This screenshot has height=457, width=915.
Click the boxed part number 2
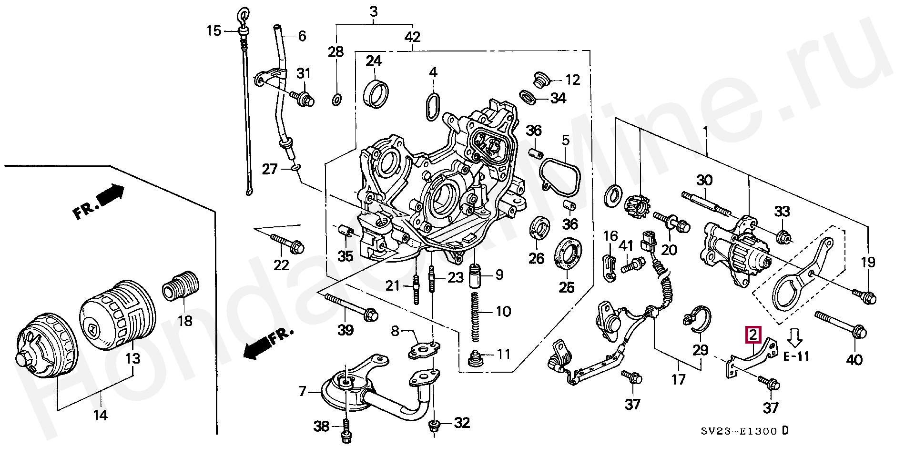(x=753, y=335)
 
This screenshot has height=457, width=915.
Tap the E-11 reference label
(x=797, y=356)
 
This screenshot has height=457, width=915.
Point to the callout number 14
(x=100, y=416)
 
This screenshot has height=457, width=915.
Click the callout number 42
(x=413, y=37)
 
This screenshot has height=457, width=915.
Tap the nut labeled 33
(x=783, y=236)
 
